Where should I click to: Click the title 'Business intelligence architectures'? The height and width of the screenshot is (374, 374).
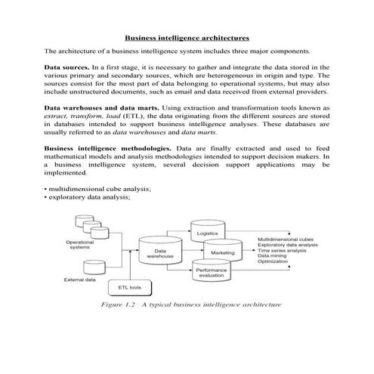click(187, 37)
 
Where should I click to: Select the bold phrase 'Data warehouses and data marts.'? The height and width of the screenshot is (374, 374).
click(97, 110)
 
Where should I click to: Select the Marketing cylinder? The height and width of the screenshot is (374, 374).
click(222, 252)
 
